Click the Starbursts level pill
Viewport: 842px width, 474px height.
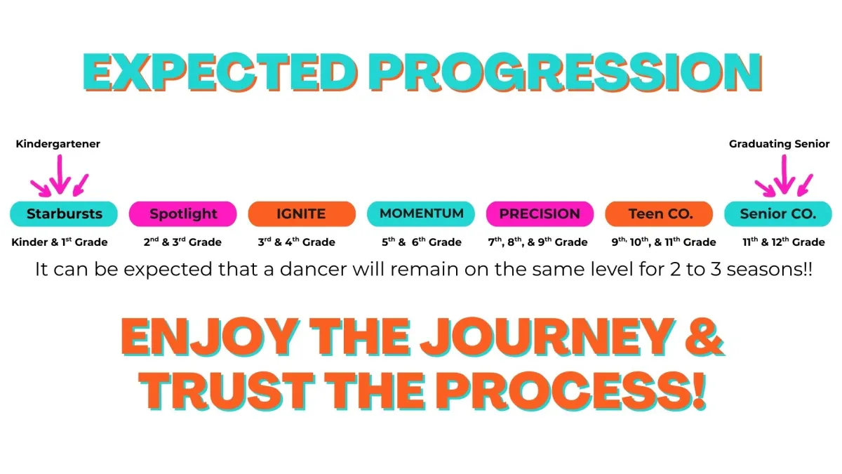coord(64,213)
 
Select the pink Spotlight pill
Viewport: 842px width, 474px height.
coord(182,213)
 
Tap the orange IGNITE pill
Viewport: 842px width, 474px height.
coord(302,213)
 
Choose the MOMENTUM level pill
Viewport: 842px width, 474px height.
coord(421,213)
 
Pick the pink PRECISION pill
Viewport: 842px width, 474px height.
coord(540,213)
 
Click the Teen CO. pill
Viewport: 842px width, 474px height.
coord(659,213)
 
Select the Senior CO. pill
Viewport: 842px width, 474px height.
coord(778,213)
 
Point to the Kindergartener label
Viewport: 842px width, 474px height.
coord(58,144)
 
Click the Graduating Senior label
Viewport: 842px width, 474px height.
coord(780,144)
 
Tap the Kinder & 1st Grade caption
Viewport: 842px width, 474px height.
coord(60,242)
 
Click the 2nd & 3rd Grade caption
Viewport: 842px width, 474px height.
coord(182,242)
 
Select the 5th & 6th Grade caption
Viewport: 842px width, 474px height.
coord(422,242)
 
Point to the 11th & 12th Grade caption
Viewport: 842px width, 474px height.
coord(784,242)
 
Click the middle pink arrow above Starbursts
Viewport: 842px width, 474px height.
coord(60,175)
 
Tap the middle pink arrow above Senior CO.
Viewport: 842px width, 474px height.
coord(784,175)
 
